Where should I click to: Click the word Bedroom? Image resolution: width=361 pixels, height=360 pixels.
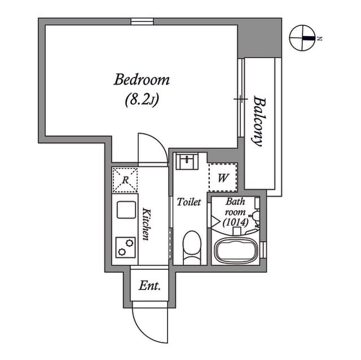coord(142,79)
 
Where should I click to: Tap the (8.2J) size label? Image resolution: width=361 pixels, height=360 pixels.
coord(142,100)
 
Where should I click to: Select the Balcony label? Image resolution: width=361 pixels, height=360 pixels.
coord(259,121)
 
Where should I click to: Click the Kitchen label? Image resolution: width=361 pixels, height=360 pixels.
coord(146,224)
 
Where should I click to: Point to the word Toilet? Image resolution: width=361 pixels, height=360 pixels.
coord(189,202)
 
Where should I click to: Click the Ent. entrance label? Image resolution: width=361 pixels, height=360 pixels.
coord(149,286)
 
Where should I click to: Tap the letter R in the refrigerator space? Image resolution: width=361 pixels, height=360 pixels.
coord(125,180)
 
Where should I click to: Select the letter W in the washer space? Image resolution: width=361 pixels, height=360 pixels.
coord(223,177)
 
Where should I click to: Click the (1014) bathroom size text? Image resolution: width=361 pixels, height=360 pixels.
coord(236,222)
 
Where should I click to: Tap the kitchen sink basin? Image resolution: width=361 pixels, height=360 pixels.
coord(126,210)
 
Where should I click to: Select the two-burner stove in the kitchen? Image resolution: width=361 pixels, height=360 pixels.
coord(125,247)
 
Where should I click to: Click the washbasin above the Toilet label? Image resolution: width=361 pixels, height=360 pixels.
coord(187,161)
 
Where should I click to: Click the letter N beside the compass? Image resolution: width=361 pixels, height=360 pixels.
coord(319,39)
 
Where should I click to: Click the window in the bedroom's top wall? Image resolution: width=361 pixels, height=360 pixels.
coord(142,21)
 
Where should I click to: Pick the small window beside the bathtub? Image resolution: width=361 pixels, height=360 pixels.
coord(263,250)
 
